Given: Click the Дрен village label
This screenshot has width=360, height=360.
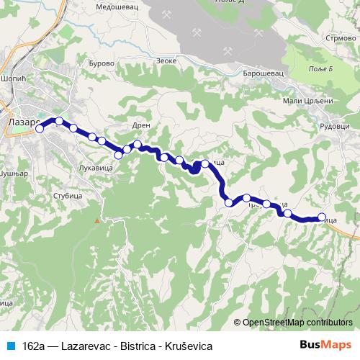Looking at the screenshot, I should tap(141, 125).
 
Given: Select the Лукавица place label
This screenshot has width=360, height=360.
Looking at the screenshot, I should tap(93, 167).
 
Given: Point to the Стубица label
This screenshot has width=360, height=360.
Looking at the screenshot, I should tap(68, 195).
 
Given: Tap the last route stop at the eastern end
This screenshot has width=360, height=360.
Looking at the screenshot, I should tap(321, 216).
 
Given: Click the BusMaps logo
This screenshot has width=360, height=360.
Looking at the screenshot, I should tap(330, 346).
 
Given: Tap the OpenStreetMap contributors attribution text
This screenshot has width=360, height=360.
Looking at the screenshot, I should tap(297, 323).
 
